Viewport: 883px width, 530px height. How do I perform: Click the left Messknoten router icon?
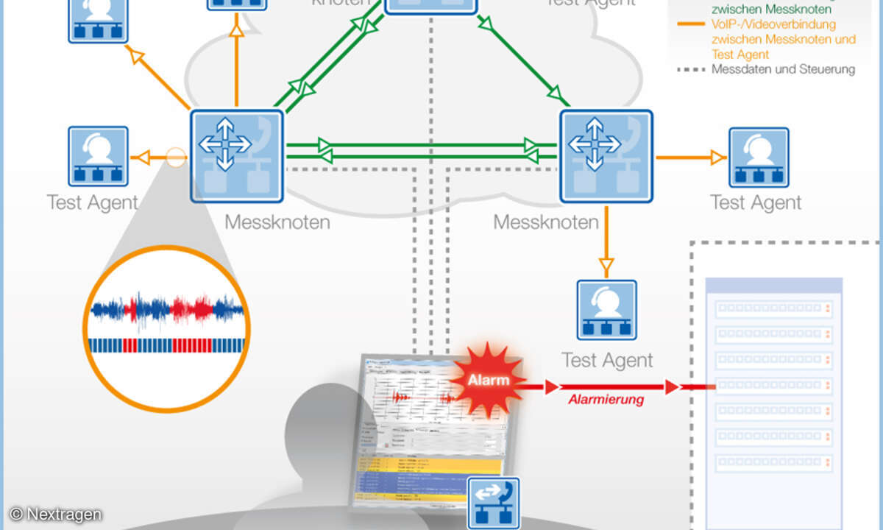[x=237, y=156]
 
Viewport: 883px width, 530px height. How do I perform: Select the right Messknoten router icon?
[x=606, y=156]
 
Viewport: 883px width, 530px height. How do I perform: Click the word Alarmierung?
[x=606, y=400]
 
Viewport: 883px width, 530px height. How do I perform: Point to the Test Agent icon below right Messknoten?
[x=606, y=309]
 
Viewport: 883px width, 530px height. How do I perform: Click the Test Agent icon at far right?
[x=759, y=157]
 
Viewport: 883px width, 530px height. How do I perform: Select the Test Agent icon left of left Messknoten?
[x=98, y=156]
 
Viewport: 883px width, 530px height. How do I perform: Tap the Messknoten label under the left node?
[x=277, y=222]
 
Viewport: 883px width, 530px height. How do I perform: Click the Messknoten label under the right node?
[x=545, y=222]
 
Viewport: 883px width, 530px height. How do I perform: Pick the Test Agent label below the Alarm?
[x=606, y=360]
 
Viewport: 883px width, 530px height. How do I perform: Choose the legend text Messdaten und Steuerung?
[x=783, y=70]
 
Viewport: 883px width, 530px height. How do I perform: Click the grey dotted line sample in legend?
[x=690, y=70]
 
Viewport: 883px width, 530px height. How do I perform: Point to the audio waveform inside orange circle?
[x=167, y=308]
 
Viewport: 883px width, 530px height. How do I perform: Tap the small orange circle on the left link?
[x=175, y=157]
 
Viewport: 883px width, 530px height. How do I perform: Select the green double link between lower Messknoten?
[x=422, y=151]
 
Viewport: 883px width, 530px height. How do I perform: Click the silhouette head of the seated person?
[x=322, y=420]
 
